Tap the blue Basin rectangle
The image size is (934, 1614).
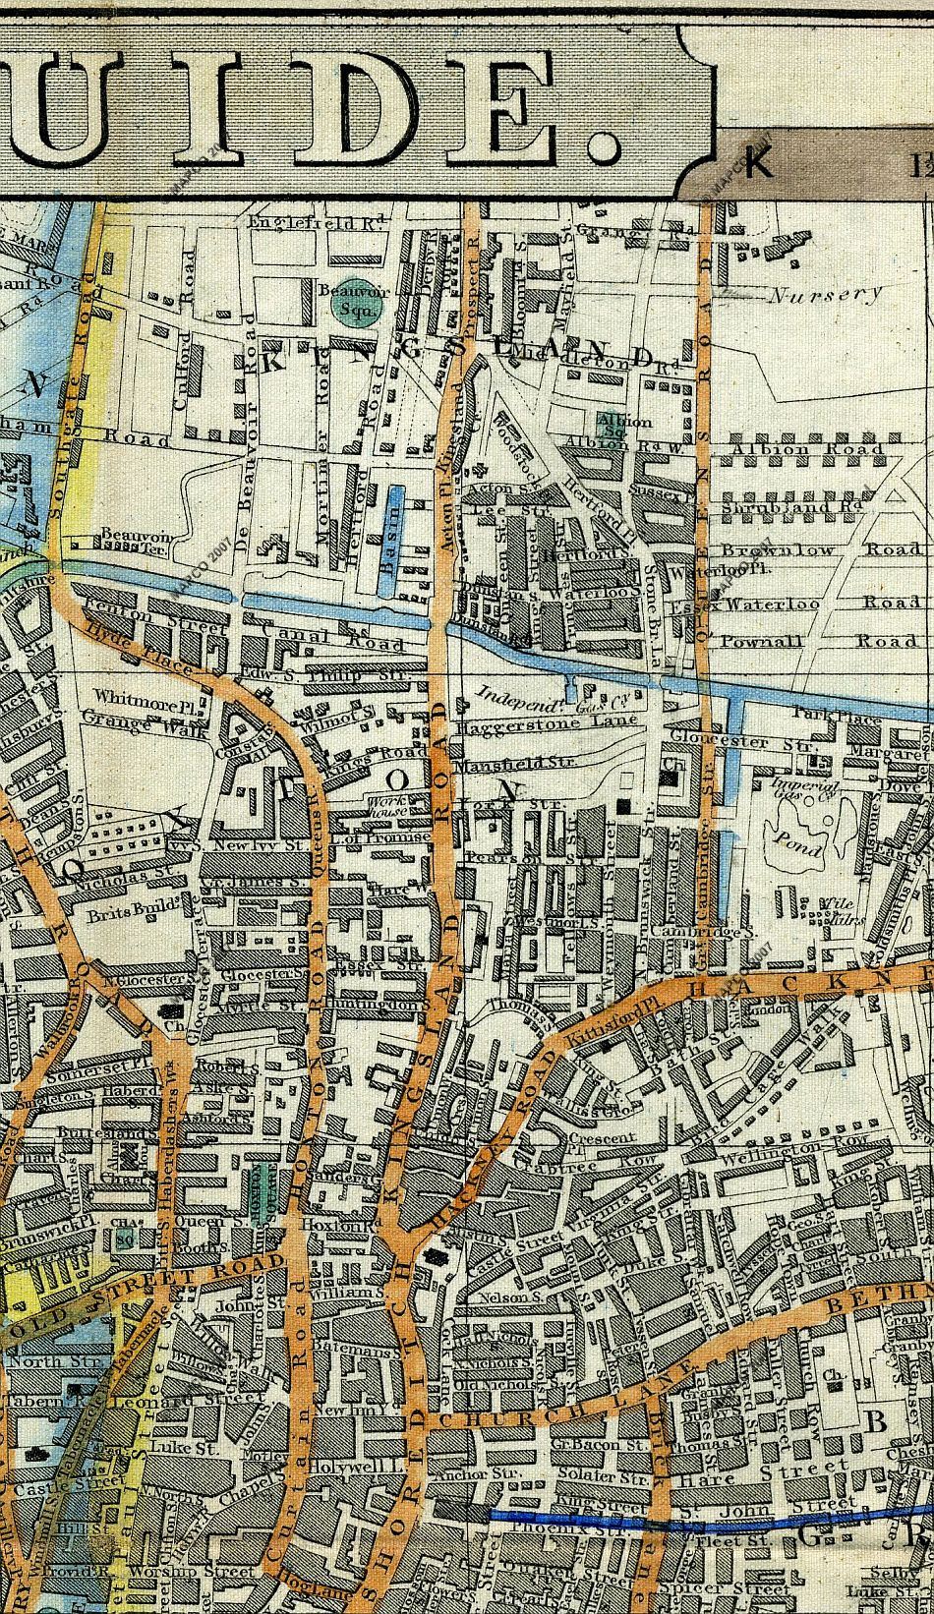[390, 541]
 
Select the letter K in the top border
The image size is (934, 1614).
[757, 164]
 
